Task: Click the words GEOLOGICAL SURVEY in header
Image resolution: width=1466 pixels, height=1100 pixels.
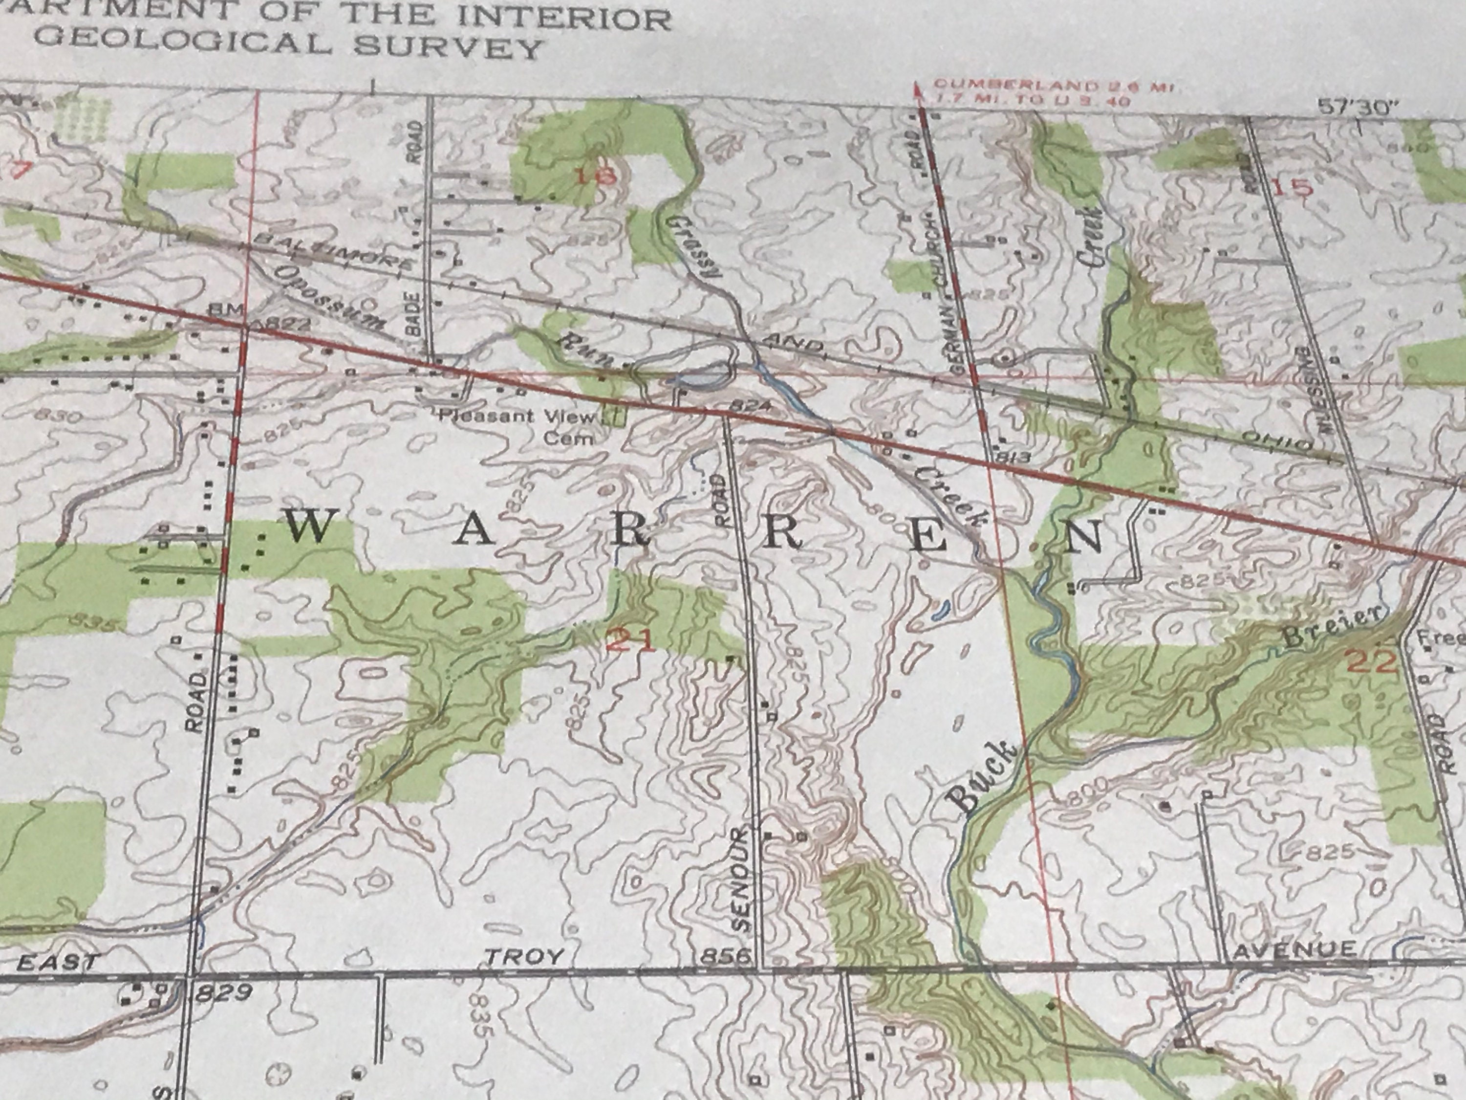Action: click(288, 45)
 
